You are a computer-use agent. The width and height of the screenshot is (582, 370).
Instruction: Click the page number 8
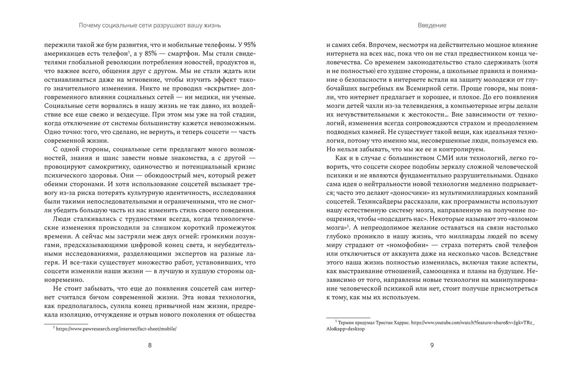click(150, 345)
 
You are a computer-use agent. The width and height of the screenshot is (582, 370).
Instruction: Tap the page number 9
click(432, 345)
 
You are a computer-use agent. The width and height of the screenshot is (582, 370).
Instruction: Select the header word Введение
click(432, 25)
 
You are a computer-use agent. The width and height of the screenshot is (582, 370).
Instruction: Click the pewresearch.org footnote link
click(116, 329)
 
